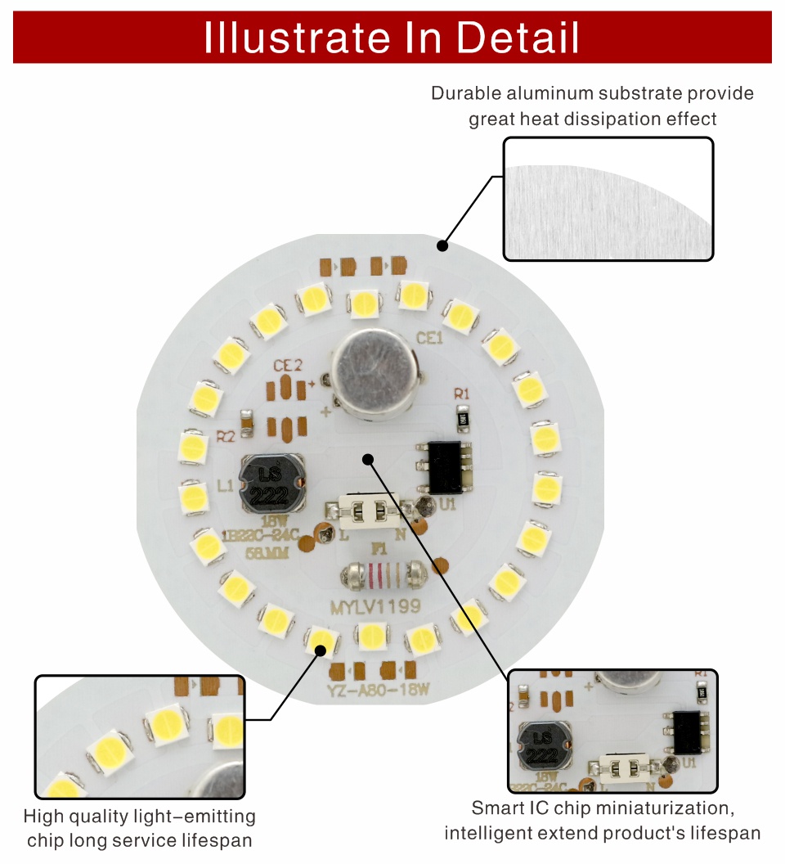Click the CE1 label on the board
coord(429,337)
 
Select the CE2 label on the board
coord(287,365)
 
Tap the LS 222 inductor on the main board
coord(271,484)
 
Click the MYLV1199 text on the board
coord(375,607)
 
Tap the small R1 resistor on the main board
coord(462,418)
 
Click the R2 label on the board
coord(226,436)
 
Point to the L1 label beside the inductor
coord(227,486)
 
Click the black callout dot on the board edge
coord(442,245)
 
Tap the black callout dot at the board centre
coord(368,459)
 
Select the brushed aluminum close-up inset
coord(608,199)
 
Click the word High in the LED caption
coord(42,817)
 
